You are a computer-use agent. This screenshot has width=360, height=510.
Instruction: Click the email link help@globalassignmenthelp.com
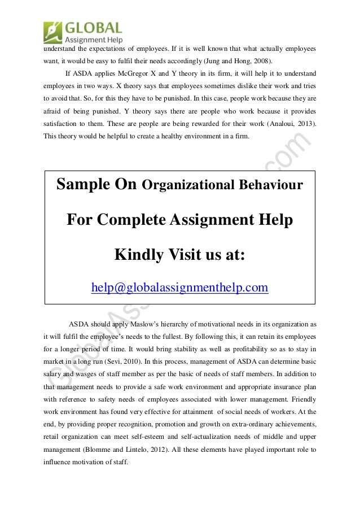[180, 288]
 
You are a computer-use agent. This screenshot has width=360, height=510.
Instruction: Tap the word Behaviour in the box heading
[272, 186]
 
